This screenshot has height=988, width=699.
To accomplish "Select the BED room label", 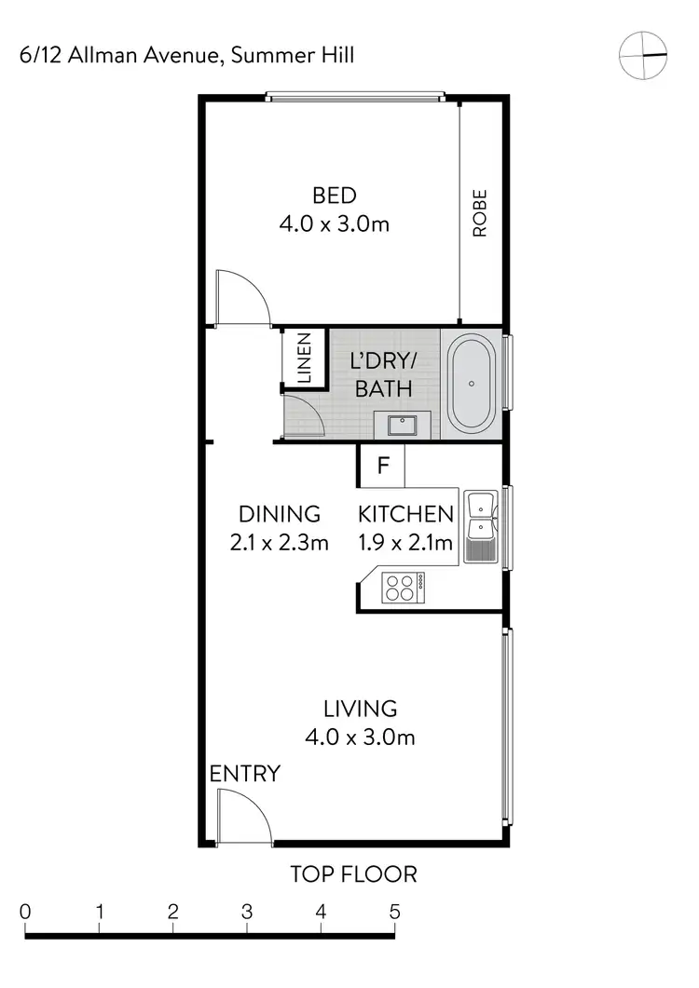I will point(334,196).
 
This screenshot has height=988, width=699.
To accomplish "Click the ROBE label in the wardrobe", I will point(481,213).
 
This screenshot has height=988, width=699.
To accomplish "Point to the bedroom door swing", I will point(240,297).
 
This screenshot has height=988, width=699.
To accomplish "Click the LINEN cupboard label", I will point(304,359).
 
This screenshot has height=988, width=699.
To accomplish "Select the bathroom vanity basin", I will point(402,426).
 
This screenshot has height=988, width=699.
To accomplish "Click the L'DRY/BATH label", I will point(383,375).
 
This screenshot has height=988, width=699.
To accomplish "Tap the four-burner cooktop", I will point(401,587).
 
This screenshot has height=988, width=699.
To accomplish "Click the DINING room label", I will point(280,514).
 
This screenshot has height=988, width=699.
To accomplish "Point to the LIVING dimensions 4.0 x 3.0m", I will point(360,738).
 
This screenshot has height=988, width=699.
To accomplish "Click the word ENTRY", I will point(244,774).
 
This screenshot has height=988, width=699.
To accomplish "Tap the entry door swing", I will point(241,816).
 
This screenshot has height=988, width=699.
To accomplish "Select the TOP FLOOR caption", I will point(353,874).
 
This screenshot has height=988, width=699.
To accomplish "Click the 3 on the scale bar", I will point(247,912).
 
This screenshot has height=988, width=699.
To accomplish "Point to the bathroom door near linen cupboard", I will point(303,414).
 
